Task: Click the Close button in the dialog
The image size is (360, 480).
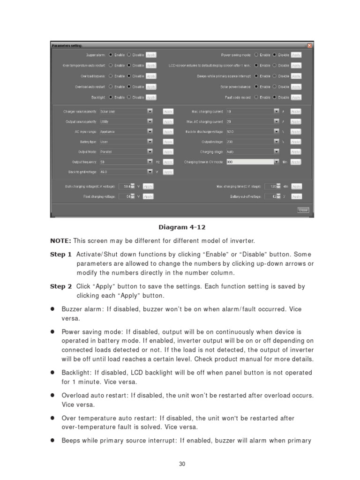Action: click(x=303, y=210)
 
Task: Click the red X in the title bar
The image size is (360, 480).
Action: click(x=309, y=45)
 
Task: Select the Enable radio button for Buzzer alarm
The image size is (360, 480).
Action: click(x=111, y=55)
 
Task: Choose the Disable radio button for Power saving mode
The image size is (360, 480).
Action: click(x=275, y=55)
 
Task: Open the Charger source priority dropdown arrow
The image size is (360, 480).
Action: click(x=150, y=112)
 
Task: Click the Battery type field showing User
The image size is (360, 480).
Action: click(x=123, y=142)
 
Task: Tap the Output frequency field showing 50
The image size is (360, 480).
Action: click(x=123, y=162)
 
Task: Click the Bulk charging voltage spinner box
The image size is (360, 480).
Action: click(x=127, y=186)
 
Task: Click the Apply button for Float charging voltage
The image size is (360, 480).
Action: click(x=148, y=196)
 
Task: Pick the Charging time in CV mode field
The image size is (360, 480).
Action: click(x=249, y=162)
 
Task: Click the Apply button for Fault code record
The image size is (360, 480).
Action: click(x=296, y=97)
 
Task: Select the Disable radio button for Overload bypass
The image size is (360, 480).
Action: click(x=129, y=76)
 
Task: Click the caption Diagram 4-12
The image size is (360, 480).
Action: click(x=182, y=227)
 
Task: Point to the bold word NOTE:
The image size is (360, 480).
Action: click(x=60, y=241)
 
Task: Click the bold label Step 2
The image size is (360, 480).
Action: click(x=61, y=286)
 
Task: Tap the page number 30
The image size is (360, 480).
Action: click(x=182, y=464)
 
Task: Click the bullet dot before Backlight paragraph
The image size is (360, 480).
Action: click(x=53, y=373)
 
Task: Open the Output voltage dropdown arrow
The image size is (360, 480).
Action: click(x=277, y=142)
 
